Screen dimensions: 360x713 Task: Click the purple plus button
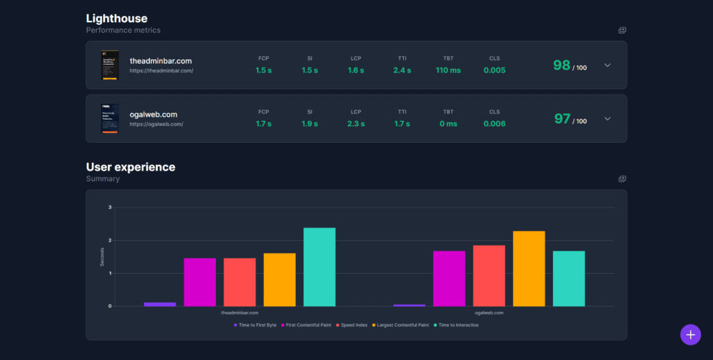pyautogui.click(x=690, y=334)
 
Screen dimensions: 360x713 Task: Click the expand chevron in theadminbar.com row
pyautogui.click(x=607, y=65)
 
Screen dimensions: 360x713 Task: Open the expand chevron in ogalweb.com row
pyautogui.click(x=607, y=118)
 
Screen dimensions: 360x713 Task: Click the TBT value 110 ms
pyautogui.click(x=448, y=70)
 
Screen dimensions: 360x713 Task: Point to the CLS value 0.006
pyautogui.click(x=494, y=124)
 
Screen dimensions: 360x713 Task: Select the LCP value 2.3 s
pyautogui.click(x=356, y=124)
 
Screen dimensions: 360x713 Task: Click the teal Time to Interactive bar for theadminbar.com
pyautogui.click(x=320, y=267)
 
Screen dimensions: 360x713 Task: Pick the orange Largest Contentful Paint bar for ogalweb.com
pyautogui.click(x=528, y=268)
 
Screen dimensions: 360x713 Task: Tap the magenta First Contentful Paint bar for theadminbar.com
pyautogui.click(x=200, y=282)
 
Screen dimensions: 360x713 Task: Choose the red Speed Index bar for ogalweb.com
pyautogui.click(x=489, y=276)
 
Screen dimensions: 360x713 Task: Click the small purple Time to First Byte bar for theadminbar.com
pyautogui.click(x=160, y=304)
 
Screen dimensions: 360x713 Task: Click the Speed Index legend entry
pyautogui.click(x=353, y=325)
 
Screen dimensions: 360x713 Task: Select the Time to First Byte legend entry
pyautogui.click(x=256, y=325)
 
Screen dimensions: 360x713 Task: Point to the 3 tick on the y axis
pyautogui.click(x=110, y=208)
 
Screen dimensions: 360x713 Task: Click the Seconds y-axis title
pyautogui.click(x=102, y=256)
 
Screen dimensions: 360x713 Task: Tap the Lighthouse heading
pyautogui.click(x=116, y=18)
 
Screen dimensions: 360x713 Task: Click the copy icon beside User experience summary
pyautogui.click(x=622, y=179)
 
